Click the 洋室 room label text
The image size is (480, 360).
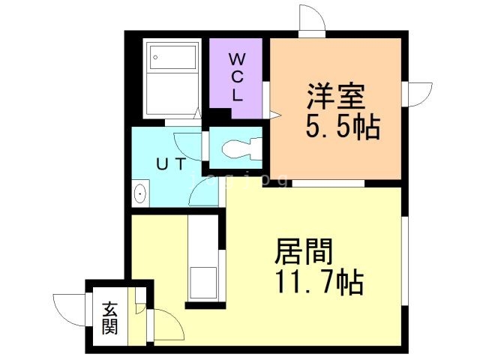pos(335,97)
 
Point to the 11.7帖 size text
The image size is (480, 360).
pos(318,283)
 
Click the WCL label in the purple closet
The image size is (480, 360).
pos(237,76)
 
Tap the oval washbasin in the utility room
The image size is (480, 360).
pos(139,194)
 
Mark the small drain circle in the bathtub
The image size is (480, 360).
pos(155,55)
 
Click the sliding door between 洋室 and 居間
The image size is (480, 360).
pos(327,183)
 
